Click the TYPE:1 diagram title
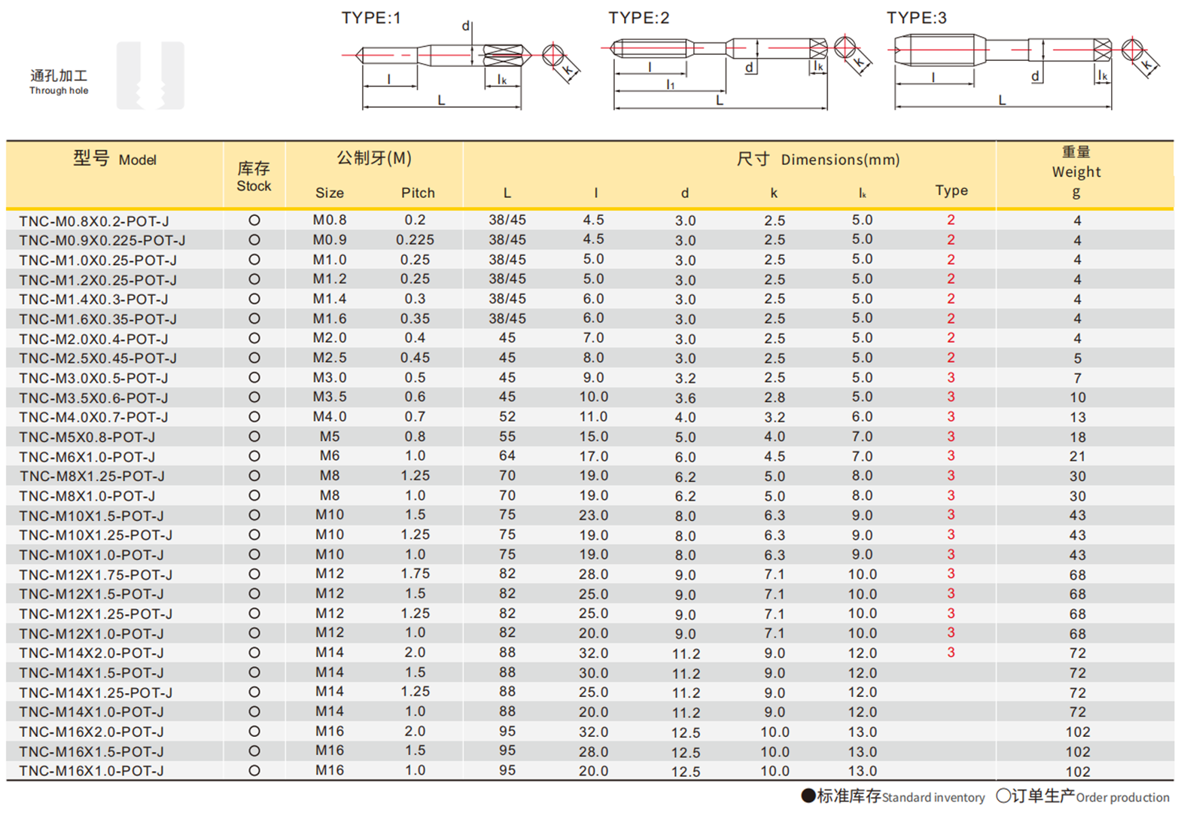pos(371,18)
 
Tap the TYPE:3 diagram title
pos(916,18)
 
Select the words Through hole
pos(59,91)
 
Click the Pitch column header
pos(418,193)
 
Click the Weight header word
pos(1076,172)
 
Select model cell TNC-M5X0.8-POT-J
pos(87,437)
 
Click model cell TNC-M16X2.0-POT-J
pos(91,732)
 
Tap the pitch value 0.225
pos(415,240)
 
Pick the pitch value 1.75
pos(415,574)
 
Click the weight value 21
pos(1077,456)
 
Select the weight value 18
pos(1077,437)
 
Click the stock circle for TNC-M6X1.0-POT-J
pos(254,456)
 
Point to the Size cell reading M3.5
pos(330,397)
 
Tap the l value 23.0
pos(593,515)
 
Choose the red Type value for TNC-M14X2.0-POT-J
pos(951,653)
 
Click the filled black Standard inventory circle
pos(808,796)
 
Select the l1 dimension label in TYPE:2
pos(670,84)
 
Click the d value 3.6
pos(685,397)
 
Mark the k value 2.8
pos(774,397)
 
